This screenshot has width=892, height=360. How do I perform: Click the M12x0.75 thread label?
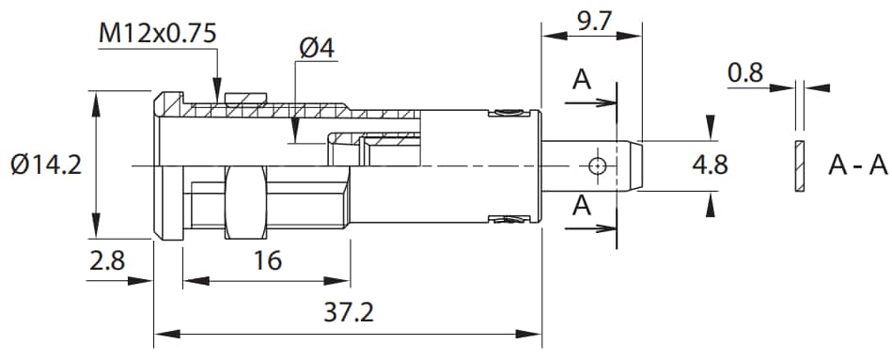pos(158,34)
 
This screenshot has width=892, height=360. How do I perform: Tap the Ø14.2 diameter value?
pos(47,165)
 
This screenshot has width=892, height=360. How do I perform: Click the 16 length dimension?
pos(268,260)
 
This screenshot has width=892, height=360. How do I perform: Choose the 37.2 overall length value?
pos(348,313)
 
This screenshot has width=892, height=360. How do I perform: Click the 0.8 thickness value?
pos(744,72)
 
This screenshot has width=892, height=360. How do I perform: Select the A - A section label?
pos(857,165)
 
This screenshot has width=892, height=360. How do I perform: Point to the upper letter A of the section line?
pos(582,81)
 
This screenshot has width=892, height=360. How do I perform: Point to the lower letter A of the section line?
pos(582,205)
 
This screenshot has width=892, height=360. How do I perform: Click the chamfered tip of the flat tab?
pos(634,166)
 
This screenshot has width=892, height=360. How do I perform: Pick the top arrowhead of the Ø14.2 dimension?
pos(95,99)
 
